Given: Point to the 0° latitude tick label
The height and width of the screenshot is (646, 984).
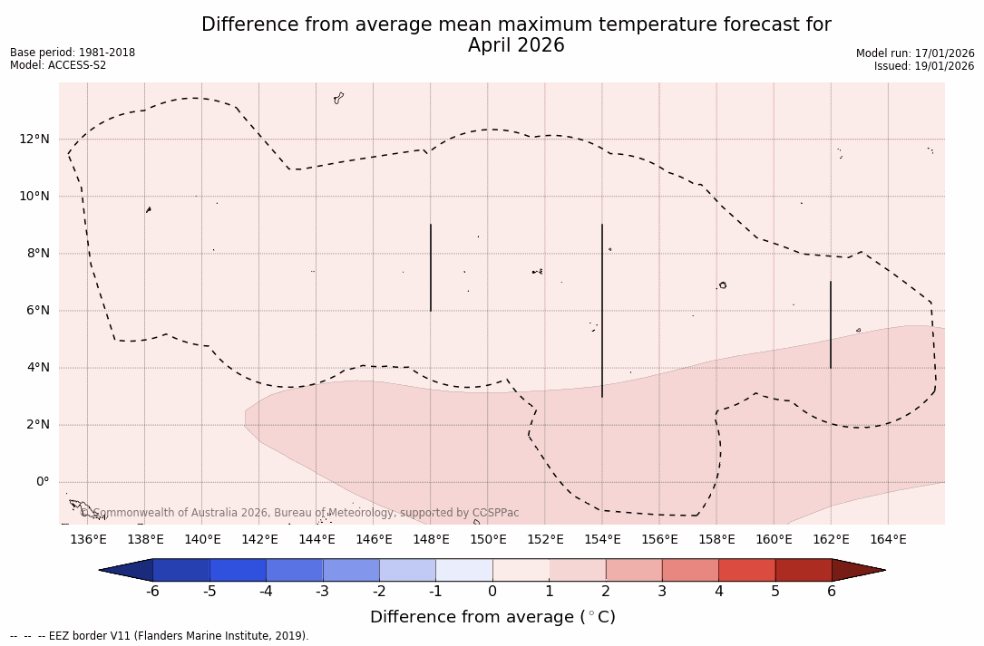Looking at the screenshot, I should tap(42, 482).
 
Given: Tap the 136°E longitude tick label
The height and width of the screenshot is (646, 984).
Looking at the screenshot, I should tap(88, 540).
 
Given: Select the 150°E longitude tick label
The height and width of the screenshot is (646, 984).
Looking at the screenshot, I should tap(488, 540).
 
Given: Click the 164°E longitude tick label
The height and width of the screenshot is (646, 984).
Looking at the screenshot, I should tap(888, 540).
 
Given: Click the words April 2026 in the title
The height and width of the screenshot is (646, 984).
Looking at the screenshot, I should tap(516, 46).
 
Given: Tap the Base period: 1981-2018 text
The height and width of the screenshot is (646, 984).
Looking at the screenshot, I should tap(73, 53).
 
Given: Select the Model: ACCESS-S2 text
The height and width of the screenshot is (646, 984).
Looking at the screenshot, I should tap(58, 65).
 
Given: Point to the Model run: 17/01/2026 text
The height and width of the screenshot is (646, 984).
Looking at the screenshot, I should tap(915, 53).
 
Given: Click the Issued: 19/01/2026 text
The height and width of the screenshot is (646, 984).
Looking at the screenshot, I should tap(924, 66).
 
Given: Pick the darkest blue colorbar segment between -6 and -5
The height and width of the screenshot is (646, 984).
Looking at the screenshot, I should tap(181, 570).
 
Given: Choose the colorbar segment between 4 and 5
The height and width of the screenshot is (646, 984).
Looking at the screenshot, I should tap(746, 570).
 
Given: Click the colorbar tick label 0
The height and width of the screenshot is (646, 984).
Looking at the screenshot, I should tap(492, 592).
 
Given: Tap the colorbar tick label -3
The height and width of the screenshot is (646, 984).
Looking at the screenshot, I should tap(322, 592).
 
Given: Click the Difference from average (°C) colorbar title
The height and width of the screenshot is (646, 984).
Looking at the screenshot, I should tap(492, 618).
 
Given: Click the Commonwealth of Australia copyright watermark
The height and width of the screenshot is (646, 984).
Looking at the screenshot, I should tap(299, 513).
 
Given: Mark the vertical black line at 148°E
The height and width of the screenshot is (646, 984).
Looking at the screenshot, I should tap(431, 267).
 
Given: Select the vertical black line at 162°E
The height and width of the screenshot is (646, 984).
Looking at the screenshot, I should tap(831, 324).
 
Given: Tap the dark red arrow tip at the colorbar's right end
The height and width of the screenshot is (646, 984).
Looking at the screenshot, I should tap(862, 570).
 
